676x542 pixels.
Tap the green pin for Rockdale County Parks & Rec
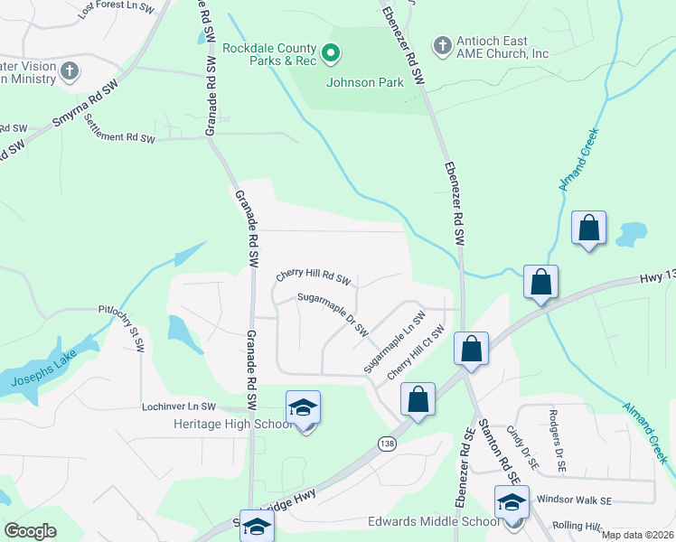coord(331,55)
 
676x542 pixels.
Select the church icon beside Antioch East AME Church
coord(442,44)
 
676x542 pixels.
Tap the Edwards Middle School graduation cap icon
coord(512,501)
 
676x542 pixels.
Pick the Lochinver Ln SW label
coord(180,407)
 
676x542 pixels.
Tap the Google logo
coord(30,530)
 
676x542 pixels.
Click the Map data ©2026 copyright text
coord(637,535)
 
